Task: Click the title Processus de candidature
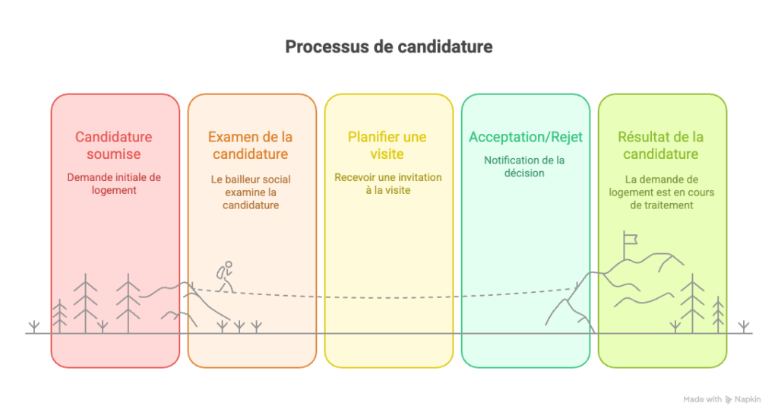[x=388, y=46]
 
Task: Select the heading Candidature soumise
[x=114, y=145]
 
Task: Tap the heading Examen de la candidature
[x=251, y=145]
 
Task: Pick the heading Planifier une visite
[x=387, y=145]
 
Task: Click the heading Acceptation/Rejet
[x=526, y=137]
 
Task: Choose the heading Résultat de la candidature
[x=661, y=145]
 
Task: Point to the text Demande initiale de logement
[x=114, y=184]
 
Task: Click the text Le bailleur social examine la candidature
[x=251, y=192]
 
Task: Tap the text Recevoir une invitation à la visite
[x=388, y=184]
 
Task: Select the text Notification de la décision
[x=524, y=167]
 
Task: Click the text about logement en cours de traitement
[x=662, y=192]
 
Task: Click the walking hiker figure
[x=225, y=277]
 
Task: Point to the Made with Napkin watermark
[x=722, y=399]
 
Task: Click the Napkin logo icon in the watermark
[x=729, y=400]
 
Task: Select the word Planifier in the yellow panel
[x=372, y=137]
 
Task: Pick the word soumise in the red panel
[x=114, y=154]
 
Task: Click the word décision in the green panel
[x=524, y=173]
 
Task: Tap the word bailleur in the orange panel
[x=243, y=179]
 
